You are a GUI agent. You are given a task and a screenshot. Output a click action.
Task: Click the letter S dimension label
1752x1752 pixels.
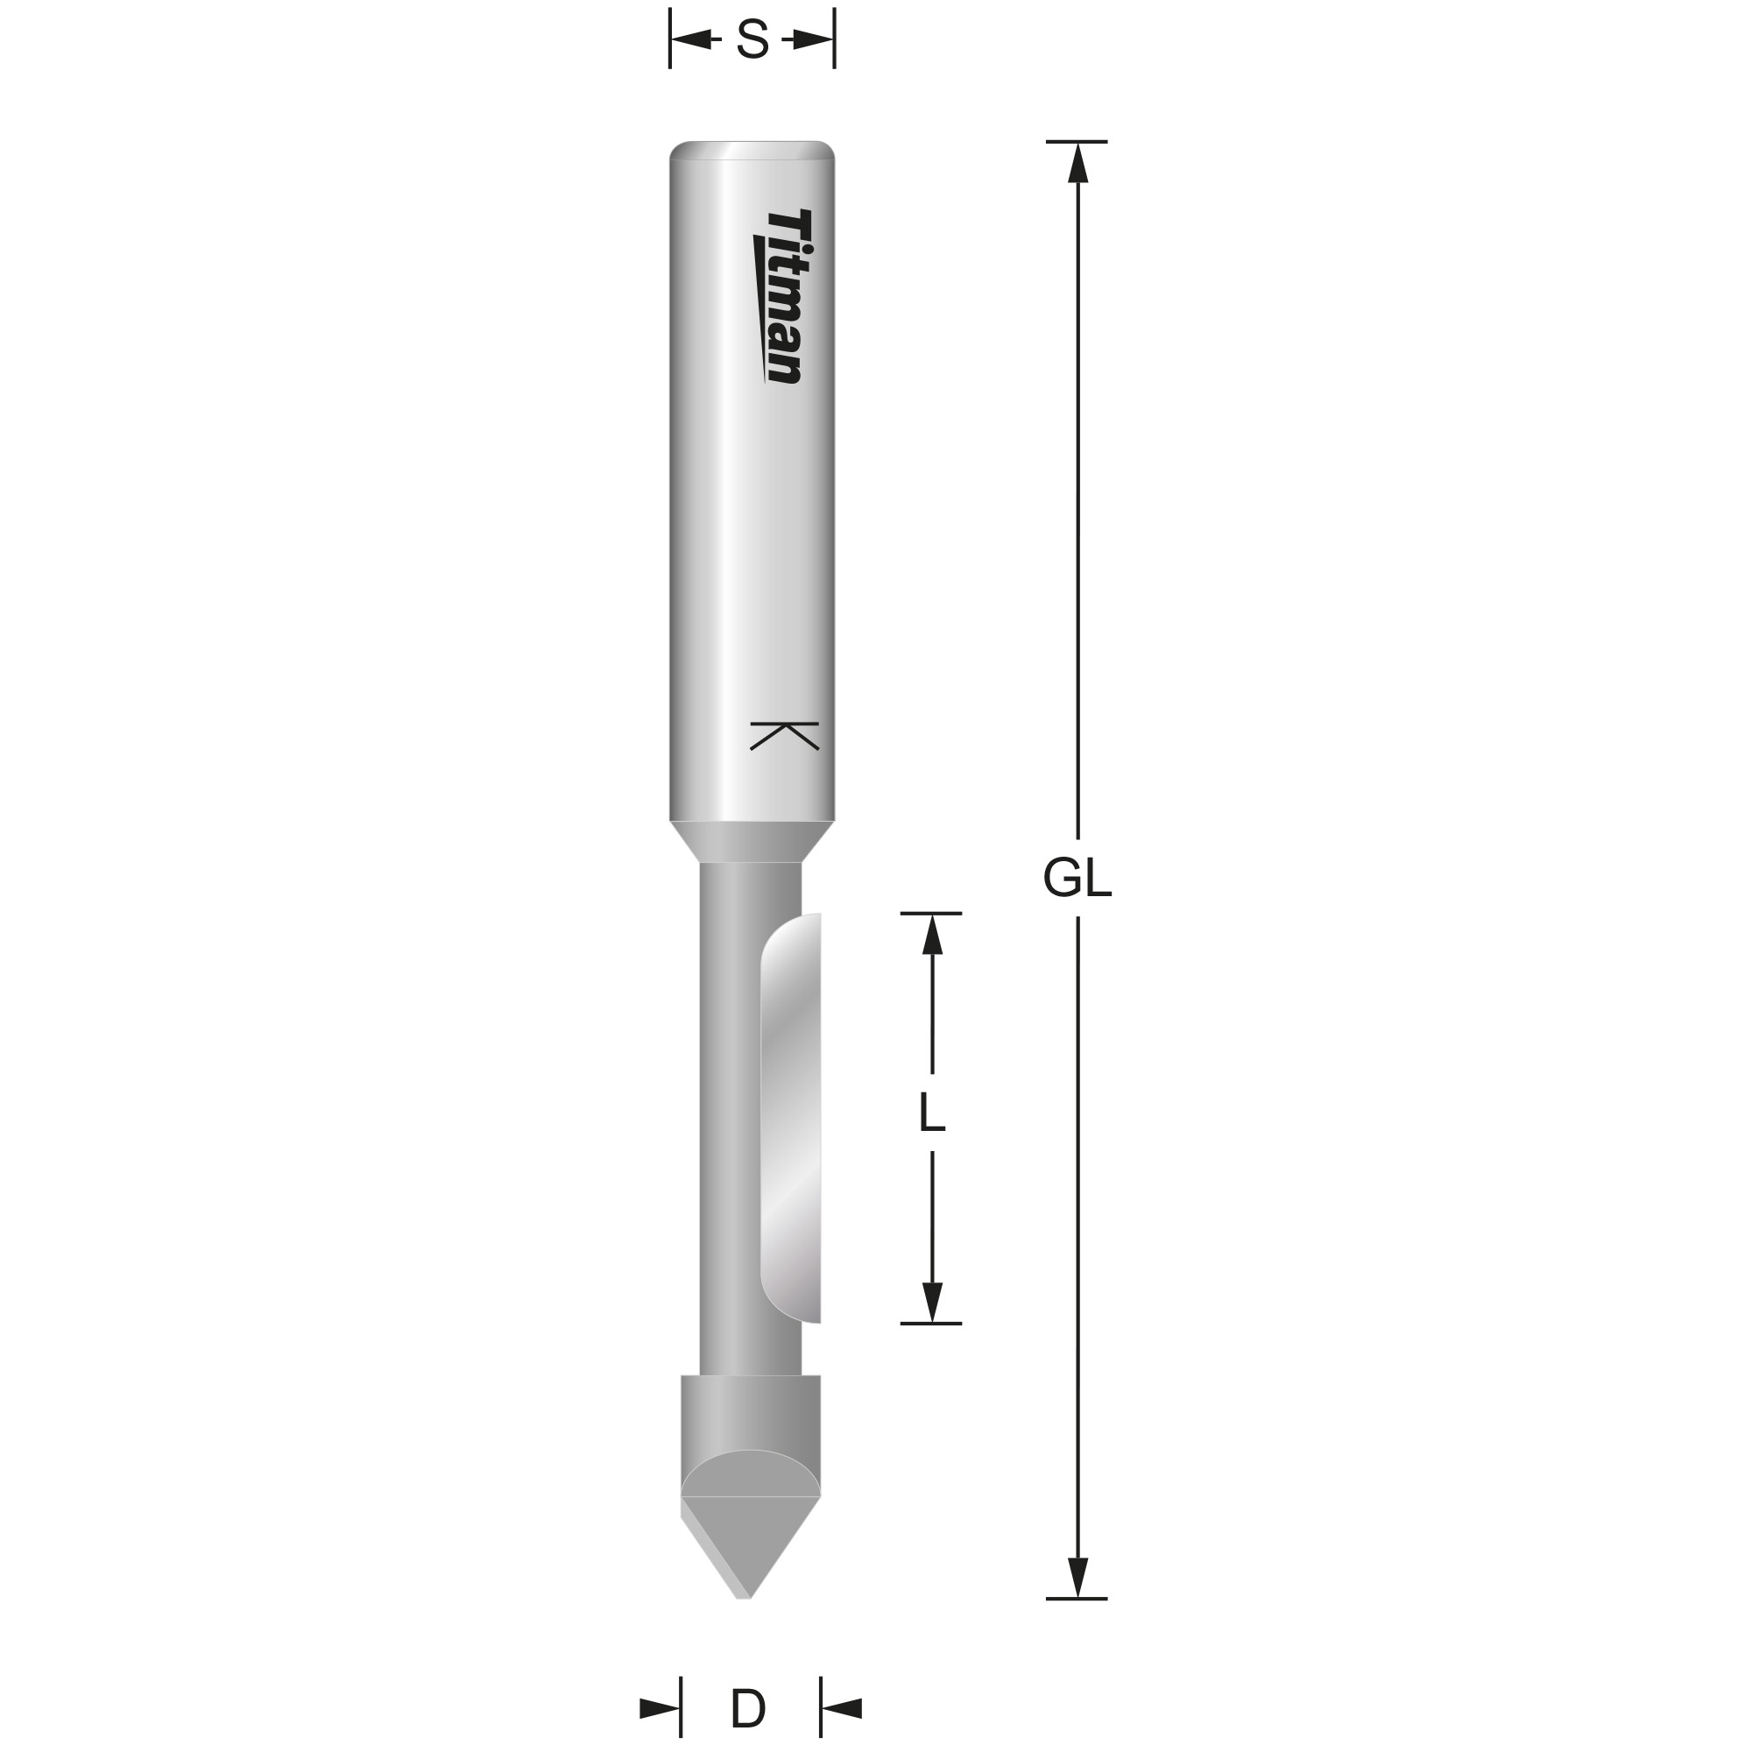[752, 40]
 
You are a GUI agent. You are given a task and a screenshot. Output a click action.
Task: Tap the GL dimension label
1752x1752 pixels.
[1077, 878]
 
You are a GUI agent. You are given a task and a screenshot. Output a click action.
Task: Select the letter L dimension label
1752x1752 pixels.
[932, 1113]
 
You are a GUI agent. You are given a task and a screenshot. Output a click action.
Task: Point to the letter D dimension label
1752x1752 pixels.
[749, 1710]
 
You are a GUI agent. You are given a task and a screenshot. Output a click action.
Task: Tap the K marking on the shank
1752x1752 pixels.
[784, 736]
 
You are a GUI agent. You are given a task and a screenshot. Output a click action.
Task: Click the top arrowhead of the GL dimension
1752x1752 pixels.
[1077, 162]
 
